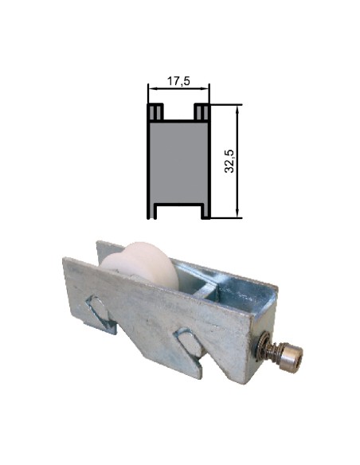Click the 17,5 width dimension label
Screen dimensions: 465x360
178,80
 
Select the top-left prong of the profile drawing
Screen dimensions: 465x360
155,111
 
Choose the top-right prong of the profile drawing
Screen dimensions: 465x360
202,111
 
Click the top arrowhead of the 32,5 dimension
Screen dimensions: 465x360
238,107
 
